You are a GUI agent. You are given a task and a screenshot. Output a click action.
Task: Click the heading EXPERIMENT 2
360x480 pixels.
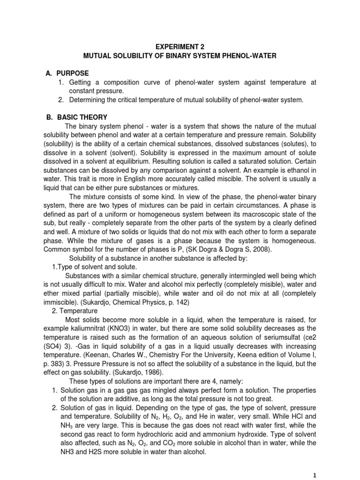180,47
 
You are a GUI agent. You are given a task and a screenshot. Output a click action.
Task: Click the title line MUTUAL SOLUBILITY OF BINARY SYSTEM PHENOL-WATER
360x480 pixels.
180,56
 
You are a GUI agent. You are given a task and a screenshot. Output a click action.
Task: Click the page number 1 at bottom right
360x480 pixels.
315,474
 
